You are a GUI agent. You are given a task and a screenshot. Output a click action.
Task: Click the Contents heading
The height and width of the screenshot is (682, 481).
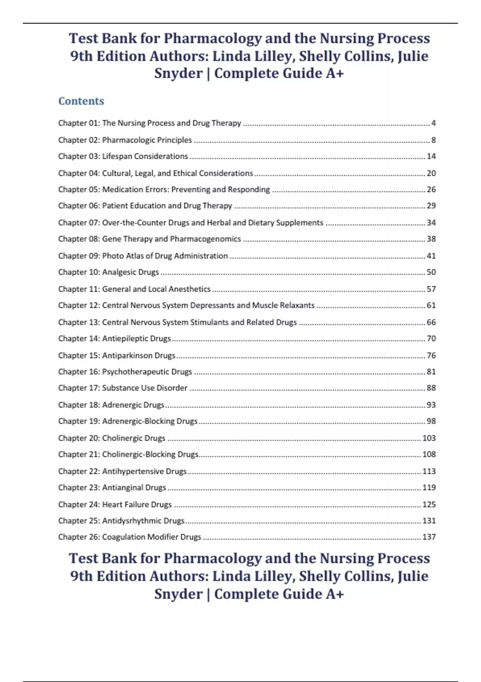(x=81, y=101)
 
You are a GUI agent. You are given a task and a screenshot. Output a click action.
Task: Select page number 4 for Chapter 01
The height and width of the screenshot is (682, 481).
(x=433, y=123)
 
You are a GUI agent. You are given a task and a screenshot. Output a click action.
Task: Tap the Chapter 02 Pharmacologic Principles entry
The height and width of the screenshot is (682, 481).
(x=125, y=140)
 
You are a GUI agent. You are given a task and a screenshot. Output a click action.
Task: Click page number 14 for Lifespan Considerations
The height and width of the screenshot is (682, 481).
(x=431, y=156)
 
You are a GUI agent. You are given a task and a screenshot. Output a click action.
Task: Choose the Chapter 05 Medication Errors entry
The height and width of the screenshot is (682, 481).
(x=164, y=189)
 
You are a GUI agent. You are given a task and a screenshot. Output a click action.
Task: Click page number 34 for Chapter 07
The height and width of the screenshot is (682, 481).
(x=431, y=223)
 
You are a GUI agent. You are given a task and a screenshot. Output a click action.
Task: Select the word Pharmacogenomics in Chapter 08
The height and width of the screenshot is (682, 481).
(x=205, y=239)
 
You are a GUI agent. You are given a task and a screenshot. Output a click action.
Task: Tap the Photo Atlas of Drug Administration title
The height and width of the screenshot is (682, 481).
(x=165, y=256)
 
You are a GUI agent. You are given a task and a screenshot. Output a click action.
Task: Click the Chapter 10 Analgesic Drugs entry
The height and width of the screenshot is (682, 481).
(x=109, y=272)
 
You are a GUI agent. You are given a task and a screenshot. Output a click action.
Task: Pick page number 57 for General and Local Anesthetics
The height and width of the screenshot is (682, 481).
(x=431, y=289)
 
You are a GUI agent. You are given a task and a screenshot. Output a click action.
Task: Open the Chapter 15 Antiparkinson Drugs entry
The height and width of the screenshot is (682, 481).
(x=117, y=355)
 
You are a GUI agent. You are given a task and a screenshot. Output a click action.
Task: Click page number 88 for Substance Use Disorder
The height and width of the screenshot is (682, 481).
(x=431, y=388)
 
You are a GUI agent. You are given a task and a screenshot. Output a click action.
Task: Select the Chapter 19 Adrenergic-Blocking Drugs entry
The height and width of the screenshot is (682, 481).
(x=128, y=421)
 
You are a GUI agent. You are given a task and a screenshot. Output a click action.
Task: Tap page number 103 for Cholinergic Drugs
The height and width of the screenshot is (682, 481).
(x=429, y=438)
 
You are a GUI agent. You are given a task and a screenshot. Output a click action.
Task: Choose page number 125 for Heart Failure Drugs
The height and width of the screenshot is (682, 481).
(x=429, y=505)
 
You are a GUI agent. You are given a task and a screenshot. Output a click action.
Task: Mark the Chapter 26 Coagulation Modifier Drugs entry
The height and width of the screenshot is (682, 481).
(x=129, y=537)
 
